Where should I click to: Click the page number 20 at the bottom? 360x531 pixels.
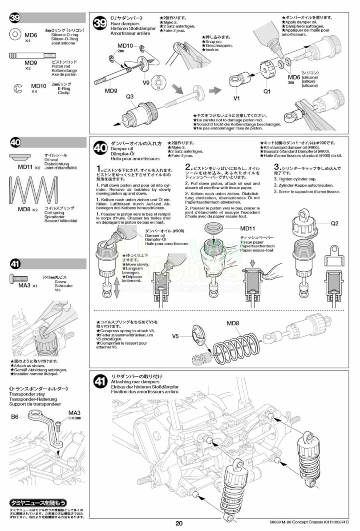coord(179,523)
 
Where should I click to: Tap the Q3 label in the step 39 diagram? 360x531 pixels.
coord(130,96)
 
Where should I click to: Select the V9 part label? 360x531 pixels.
coord(146,82)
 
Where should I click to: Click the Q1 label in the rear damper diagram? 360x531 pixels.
coord(267,92)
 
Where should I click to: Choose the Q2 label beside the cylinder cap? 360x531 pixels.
coord(335,224)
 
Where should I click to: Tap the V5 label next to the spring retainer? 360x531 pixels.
coord(177,336)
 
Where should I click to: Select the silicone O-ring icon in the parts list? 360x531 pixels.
coord(15,34)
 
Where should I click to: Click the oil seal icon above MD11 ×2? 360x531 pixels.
coord(24,158)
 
